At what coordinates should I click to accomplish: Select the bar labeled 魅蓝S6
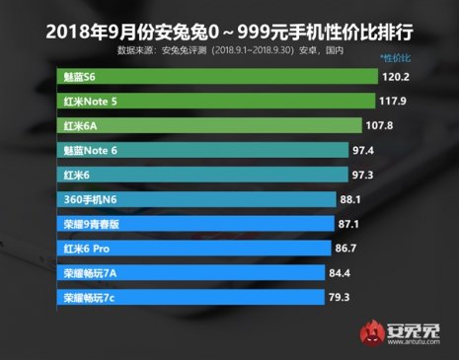pos(218,75)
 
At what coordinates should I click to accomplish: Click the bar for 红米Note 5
pos(216,101)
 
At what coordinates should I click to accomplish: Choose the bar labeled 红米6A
pos(207,125)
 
